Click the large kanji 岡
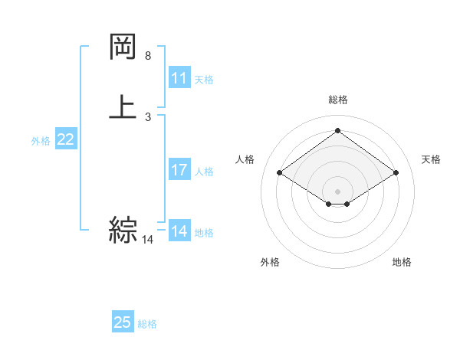(123, 47)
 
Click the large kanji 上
(123, 106)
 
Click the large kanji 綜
(123, 229)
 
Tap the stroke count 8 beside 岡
(148, 56)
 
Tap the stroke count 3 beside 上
(148, 117)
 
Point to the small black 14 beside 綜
(147, 240)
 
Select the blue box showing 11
(179, 78)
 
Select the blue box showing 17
(179, 170)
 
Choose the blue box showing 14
(179, 231)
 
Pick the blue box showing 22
(66, 139)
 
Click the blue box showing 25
(123, 322)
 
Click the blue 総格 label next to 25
(147, 324)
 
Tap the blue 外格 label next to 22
(41, 141)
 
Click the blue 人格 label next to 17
(205, 172)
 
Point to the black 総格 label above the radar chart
(338, 100)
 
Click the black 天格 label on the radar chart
(431, 159)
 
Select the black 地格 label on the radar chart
(402, 262)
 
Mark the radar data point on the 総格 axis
(338, 130)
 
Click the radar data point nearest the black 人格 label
(280, 173)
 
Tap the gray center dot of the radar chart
(338, 190)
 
